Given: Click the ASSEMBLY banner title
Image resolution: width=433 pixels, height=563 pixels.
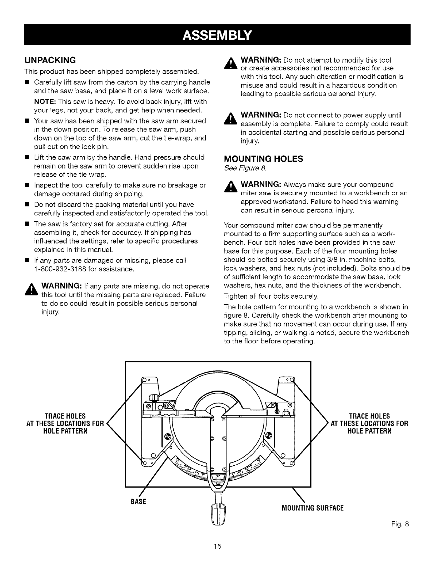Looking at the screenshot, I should click(x=217, y=34).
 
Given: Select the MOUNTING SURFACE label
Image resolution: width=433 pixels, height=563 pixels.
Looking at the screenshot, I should click(x=312, y=508).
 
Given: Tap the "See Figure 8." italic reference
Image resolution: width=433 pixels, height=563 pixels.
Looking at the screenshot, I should click(x=245, y=168).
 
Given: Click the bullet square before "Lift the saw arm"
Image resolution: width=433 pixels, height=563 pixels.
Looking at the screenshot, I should click(x=27, y=158).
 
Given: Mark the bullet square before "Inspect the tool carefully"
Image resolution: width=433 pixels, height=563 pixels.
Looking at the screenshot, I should click(x=27, y=186).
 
